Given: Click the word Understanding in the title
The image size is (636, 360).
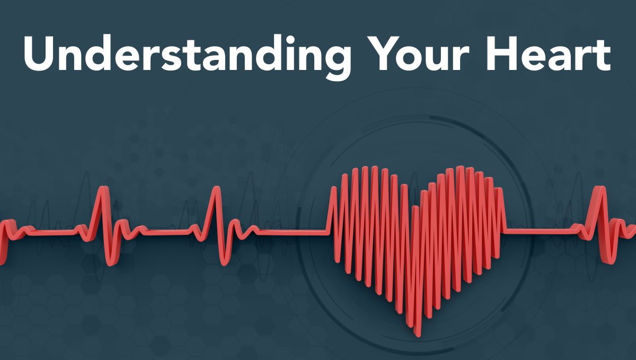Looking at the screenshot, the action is pyautogui.click(x=188, y=56).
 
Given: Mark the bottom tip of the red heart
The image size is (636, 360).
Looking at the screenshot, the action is pyautogui.click(x=417, y=335).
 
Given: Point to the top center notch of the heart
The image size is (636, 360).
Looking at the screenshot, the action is pyautogui.click(x=415, y=207).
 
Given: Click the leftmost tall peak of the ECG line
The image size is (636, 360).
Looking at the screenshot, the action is pyautogui.click(x=104, y=188).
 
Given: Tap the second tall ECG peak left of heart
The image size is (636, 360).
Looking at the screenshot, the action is pyautogui.click(x=217, y=188).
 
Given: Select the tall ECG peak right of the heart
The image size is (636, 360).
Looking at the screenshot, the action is pyautogui.click(x=599, y=188).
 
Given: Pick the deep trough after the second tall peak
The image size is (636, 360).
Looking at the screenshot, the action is pyautogui.click(x=224, y=263).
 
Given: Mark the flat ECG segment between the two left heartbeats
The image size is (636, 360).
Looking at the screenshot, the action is pyautogui.click(x=167, y=232).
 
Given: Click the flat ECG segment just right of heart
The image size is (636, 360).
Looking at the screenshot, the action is pyautogui.click(x=540, y=231).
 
